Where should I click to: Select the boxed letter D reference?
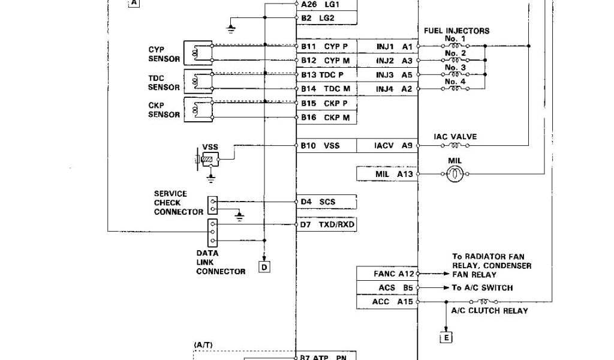pos(264,266)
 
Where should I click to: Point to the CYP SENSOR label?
pos(164,54)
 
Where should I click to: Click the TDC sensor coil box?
pos(197,81)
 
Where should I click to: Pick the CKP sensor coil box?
pos(197,109)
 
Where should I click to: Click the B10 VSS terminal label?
pos(320,146)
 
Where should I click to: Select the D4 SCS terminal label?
pos(318,202)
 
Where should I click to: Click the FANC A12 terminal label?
pos(393,274)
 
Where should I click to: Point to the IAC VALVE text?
pos(455,137)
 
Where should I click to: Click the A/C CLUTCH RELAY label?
pos(489,311)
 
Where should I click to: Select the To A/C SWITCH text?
pos(483,287)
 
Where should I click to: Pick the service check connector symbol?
pos(212,205)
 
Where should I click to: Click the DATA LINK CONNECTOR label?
pos(220,262)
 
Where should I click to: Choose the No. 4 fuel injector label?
pos(455,81)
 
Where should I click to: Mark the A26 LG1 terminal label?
pos(320,4)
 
